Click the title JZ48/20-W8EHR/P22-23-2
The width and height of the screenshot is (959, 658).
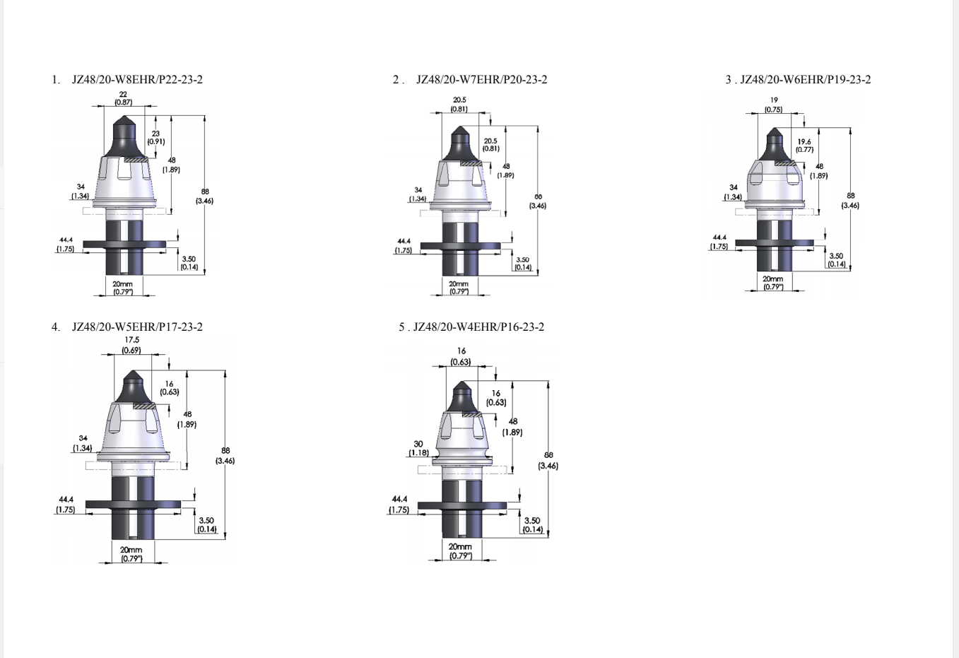tap(137, 80)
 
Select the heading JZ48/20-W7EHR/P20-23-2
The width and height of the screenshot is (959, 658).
tap(482, 80)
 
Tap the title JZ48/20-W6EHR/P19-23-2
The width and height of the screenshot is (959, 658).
tap(806, 80)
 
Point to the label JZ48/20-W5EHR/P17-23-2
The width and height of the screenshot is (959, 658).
tap(137, 327)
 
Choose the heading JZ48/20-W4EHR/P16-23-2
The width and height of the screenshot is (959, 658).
tap(478, 327)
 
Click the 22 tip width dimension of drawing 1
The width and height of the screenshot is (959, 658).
tap(123, 98)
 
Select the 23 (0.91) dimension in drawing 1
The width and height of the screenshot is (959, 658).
tap(156, 137)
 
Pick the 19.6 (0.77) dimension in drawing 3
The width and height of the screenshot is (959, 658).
tap(804, 145)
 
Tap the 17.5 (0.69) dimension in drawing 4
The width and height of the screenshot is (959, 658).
tap(131, 345)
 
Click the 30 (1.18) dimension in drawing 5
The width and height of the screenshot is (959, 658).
tap(418, 448)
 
